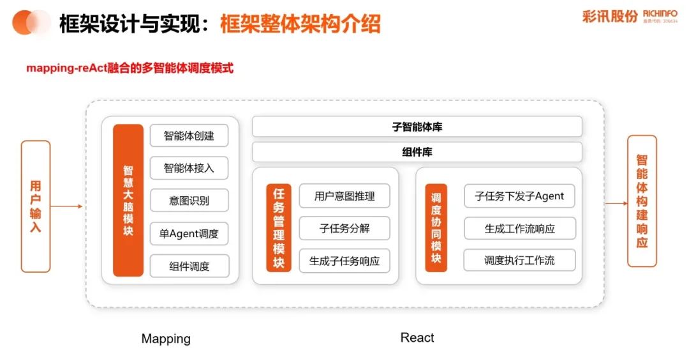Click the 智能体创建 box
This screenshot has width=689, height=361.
pos(189,135)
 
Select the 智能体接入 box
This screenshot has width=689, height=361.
pos(189,168)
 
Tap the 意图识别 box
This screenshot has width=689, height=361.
pos(189,201)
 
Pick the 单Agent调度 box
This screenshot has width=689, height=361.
pos(189,234)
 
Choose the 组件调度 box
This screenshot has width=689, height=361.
pos(189,266)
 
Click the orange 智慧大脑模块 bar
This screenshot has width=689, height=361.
pos(128,200)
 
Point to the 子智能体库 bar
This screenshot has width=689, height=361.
pos(417,127)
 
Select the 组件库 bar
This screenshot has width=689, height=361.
pos(417,152)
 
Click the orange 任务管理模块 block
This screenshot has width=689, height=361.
pos(279,228)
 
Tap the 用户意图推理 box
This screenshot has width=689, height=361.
pos(344,196)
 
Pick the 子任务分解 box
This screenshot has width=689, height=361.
pos(344,228)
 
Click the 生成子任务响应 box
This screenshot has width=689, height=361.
pos(344,261)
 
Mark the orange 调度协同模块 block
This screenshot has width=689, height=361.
pos(436,228)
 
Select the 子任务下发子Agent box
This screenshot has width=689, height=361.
pos(519,196)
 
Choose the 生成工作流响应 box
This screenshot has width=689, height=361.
pos(519,228)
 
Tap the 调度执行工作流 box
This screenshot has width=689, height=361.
pos(519,261)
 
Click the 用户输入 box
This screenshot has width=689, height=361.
pos(36,206)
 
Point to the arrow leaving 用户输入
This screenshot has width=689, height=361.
pos(66,206)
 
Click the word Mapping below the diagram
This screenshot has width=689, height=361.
pos(166,339)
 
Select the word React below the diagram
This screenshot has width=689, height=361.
pos(417,337)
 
